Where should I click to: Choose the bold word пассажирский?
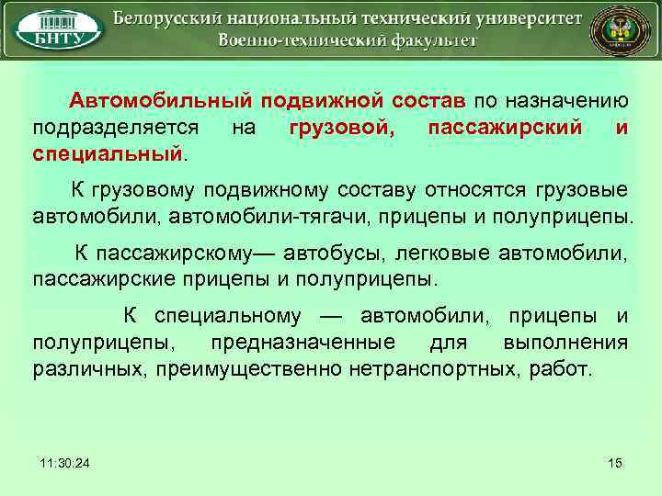click(x=505, y=128)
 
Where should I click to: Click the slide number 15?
click(x=615, y=462)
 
